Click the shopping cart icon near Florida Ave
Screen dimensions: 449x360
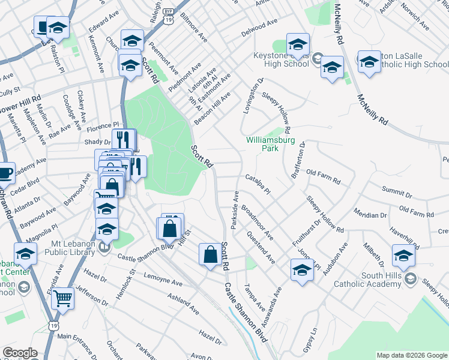(x=62, y=298)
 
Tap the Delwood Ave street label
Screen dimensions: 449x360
(x=259, y=28)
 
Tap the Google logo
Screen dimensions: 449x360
(x=20, y=353)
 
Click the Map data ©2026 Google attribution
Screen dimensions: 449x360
(x=411, y=355)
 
